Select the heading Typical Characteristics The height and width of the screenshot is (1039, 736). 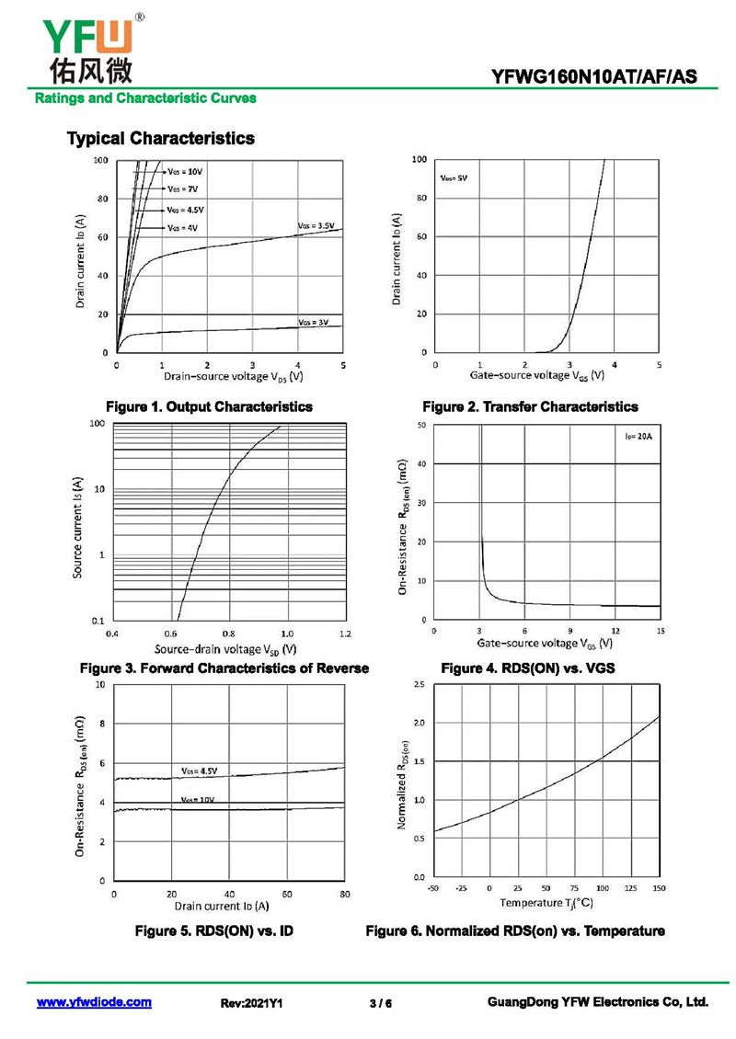161,139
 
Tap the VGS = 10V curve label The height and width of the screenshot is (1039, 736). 184,172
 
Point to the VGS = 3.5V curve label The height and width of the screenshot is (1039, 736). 316,225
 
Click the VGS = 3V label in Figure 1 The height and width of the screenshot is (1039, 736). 313,323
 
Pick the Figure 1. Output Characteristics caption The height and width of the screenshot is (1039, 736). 209,406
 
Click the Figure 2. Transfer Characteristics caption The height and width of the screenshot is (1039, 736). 530,406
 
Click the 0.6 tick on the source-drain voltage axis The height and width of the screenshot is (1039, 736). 170,634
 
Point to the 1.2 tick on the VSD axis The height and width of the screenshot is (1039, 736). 345,634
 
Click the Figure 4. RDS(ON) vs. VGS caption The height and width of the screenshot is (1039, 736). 528,668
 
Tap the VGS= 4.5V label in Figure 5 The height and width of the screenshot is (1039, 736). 199,771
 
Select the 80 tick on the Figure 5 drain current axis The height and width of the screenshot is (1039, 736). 345,894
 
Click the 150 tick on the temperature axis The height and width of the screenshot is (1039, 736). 660,889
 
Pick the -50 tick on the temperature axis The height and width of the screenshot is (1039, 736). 432,889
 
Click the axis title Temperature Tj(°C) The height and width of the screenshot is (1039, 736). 546,905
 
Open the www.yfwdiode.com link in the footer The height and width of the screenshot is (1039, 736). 94,1002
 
